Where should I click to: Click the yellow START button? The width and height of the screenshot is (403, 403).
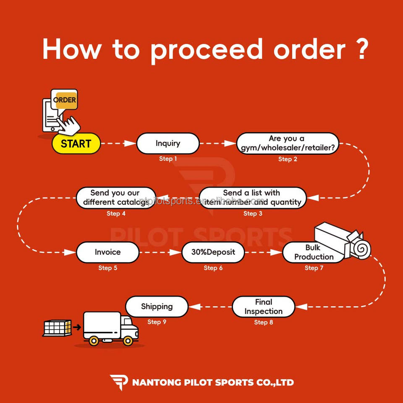(x=76, y=144)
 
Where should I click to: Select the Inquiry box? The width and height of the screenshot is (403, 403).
(x=168, y=144)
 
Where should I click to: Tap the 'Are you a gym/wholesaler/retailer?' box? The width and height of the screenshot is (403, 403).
(x=288, y=143)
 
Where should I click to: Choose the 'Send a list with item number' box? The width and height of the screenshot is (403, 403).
(x=253, y=198)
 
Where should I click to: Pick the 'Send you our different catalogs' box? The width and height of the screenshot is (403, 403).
(x=115, y=198)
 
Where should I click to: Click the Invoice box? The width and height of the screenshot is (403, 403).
(x=107, y=252)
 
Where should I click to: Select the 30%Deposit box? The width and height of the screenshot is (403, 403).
(x=213, y=252)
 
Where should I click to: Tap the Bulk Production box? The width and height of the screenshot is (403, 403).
(x=313, y=252)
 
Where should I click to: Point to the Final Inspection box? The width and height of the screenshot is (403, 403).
(x=263, y=307)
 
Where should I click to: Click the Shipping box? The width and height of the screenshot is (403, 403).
(x=157, y=306)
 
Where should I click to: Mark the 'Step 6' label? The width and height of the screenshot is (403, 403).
(x=213, y=268)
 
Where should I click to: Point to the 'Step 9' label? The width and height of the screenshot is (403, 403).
(x=157, y=322)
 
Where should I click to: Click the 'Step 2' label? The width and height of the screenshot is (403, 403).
(x=288, y=159)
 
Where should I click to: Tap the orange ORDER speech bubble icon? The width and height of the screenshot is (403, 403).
(x=65, y=100)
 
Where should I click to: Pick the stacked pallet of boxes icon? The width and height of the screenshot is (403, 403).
(x=57, y=327)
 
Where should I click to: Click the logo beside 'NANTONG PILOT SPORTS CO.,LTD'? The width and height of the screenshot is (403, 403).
(x=119, y=382)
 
